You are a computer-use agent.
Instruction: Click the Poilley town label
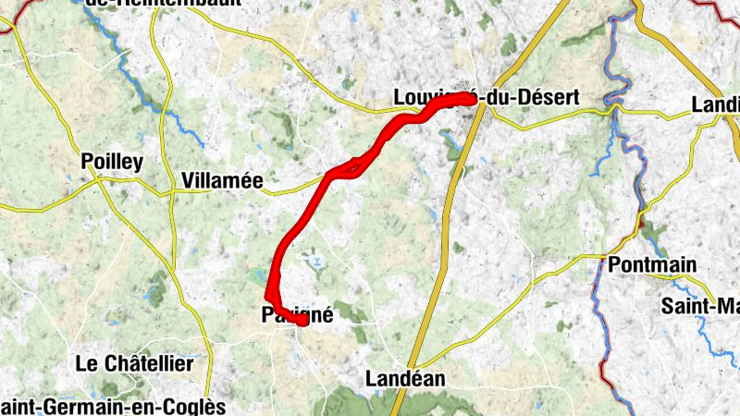point(112,163)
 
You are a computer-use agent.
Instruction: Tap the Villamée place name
point(223,181)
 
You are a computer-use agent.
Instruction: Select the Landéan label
point(405,378)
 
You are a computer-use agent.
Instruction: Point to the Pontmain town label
point(652,265)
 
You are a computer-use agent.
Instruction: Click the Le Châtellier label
point(135,363)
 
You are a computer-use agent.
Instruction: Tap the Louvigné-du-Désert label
point(486,97)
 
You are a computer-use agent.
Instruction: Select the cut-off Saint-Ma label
point(700,305)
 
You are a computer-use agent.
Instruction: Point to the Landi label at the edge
point(715,105)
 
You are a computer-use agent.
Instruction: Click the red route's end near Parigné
point(302,321)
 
